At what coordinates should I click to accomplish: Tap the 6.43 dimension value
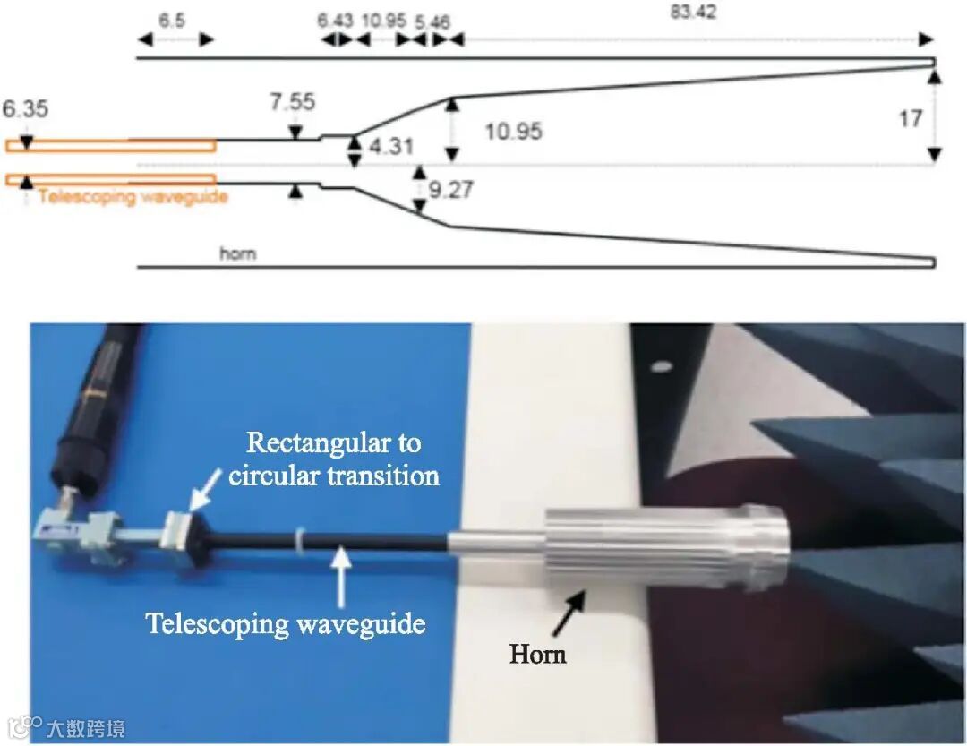click(336, 19)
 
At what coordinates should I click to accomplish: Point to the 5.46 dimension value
click(444, 19)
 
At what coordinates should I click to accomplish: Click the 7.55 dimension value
click(293, 101)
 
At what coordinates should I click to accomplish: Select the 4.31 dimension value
click(391, 146)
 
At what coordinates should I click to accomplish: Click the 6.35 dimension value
click(25, 109)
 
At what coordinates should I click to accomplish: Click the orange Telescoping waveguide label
click(133, 196)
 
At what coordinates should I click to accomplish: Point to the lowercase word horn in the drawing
click(238, 253)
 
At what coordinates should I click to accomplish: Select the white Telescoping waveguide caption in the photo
click(286, 622)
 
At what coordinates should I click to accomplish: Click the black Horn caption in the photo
click(537, 654)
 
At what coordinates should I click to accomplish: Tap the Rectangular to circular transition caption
click(333, 459)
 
